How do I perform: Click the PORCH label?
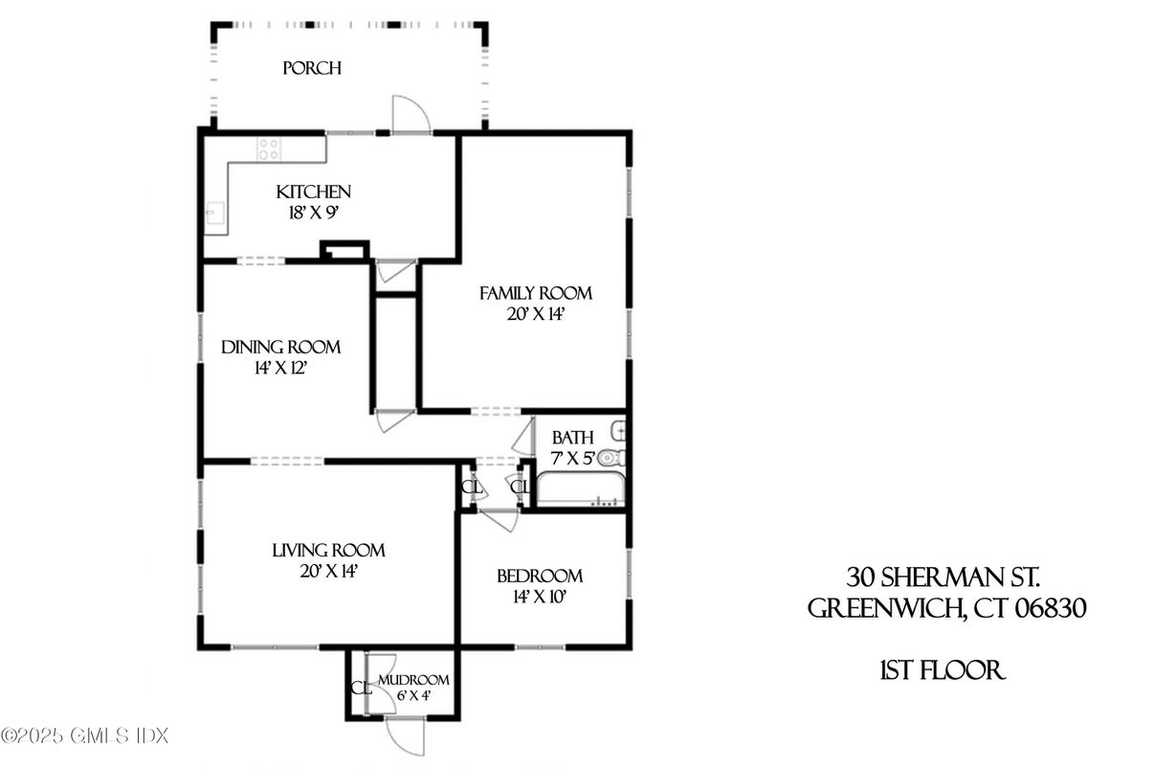coord(312,69)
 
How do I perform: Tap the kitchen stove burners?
coord(269,148)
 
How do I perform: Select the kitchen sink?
coord(214,214)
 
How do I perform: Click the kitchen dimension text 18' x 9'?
coord(313,213)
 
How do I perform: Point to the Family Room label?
coord(535,293)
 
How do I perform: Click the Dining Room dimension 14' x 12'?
coord(280,367)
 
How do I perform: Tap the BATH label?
coord(572,438)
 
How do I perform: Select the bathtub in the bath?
coord(580,489)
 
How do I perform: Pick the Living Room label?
coord(328,551)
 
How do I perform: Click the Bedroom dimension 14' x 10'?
coord(539,596)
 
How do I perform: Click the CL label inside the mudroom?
coord(361,688)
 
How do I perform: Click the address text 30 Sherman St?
coord(943,577)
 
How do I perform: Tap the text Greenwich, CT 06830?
coord(946,609)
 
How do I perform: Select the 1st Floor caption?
coord(942,670)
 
